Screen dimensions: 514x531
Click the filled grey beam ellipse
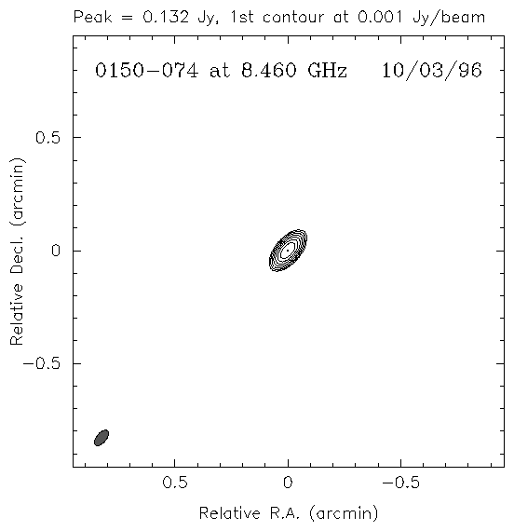[101, 438]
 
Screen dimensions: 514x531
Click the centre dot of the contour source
[288, 251]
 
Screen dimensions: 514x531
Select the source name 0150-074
[146, 71]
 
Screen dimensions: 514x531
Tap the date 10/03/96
[432, 71]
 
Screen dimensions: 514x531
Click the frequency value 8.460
[269, 71]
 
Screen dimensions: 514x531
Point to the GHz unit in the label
[328, 71]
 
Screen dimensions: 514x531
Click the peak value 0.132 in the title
[165, 17]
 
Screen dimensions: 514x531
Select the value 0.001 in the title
[380, 17]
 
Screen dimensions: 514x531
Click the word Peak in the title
[92, 17]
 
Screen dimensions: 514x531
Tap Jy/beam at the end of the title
[449, 18]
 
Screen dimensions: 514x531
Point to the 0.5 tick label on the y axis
[47, 138]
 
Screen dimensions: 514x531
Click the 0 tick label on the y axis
[56, 251]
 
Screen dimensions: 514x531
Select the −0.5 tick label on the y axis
[41, 363]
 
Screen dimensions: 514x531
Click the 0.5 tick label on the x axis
[175, 483]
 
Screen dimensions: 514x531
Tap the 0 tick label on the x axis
[288, 483]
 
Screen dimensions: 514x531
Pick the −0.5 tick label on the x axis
[401, 483]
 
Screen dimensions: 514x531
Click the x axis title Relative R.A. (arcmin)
[288, 513]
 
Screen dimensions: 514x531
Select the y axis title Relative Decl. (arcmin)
[17, 252]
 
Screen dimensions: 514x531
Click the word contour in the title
[293, 18]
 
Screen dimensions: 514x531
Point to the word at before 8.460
[220, 72]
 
